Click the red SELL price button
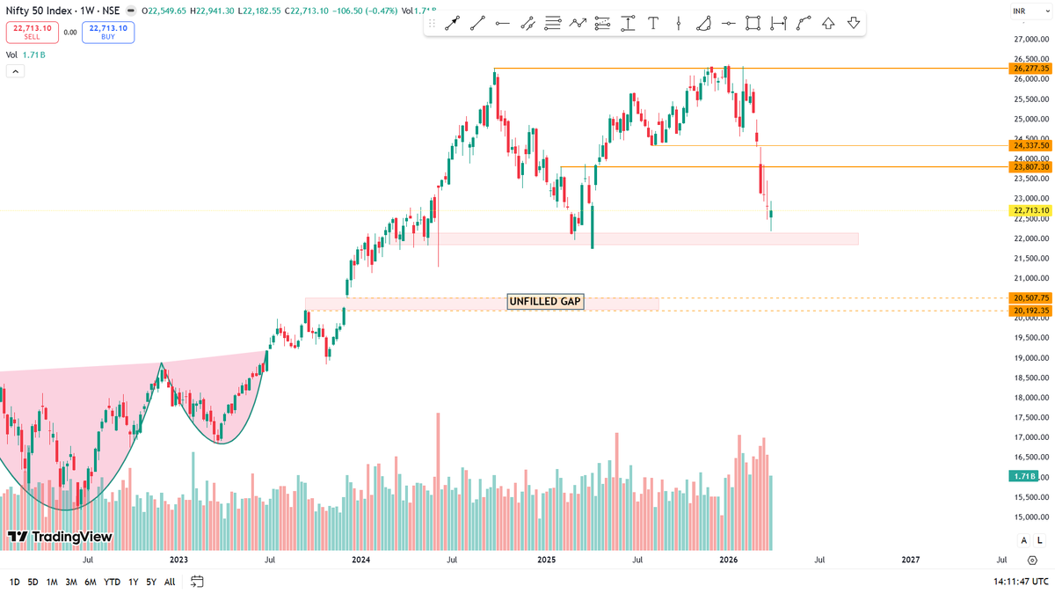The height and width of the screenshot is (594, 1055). coord(33,33)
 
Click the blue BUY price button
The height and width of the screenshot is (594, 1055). coord(108,33)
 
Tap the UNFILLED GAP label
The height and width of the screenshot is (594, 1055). coord(545,302)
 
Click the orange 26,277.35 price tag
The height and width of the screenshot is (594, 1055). coord(1031,69)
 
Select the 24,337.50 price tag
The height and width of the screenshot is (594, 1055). coord(1031,146)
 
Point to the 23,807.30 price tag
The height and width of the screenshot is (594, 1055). coord(1031,167)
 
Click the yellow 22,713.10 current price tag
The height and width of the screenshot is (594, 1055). coord(1031,210)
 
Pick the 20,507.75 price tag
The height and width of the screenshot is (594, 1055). coord(1031,298)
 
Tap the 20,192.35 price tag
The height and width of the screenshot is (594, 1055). coord(1031,311)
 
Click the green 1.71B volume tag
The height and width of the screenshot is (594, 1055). coord(1023,476)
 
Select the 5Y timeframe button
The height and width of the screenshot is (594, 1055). coord(151,582)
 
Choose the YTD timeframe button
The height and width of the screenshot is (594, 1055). coord(112,582)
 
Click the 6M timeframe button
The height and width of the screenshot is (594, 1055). coord(91,582)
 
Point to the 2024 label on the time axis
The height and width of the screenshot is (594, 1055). coord(360,560)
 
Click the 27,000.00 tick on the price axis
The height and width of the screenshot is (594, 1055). coord(1031,40)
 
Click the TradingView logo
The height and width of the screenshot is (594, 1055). coord(60,536)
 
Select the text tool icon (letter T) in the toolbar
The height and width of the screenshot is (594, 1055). coord(653,24)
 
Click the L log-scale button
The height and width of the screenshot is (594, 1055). coord(1039,540)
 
